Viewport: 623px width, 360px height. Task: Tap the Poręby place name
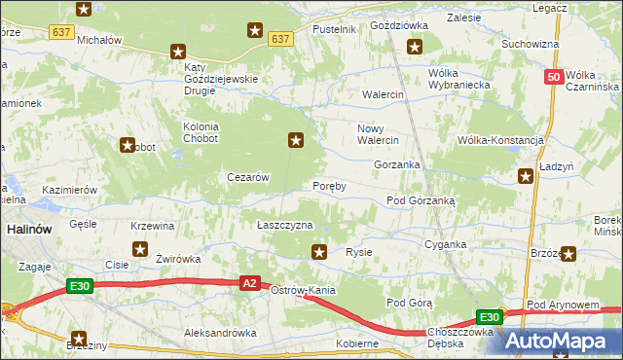click(329, 186)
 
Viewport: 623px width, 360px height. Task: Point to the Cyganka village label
click(447, 245)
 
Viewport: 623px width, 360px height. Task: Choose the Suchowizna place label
click(530, 44)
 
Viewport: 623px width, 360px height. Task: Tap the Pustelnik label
click(334, 30)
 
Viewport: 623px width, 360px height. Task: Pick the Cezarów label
click(247, 177)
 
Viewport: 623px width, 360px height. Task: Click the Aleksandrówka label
click(220, 333)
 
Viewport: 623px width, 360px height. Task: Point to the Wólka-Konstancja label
click(500, 140)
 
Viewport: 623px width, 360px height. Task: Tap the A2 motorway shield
click(250, 283)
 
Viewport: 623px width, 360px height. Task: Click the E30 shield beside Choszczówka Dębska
click(489, 317)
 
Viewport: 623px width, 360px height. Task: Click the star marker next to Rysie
click(319, 253)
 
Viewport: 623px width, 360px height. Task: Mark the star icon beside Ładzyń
click(526, 176)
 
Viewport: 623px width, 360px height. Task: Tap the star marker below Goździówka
click(415, 46)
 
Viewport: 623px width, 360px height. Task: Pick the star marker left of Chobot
click(127, 146)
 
